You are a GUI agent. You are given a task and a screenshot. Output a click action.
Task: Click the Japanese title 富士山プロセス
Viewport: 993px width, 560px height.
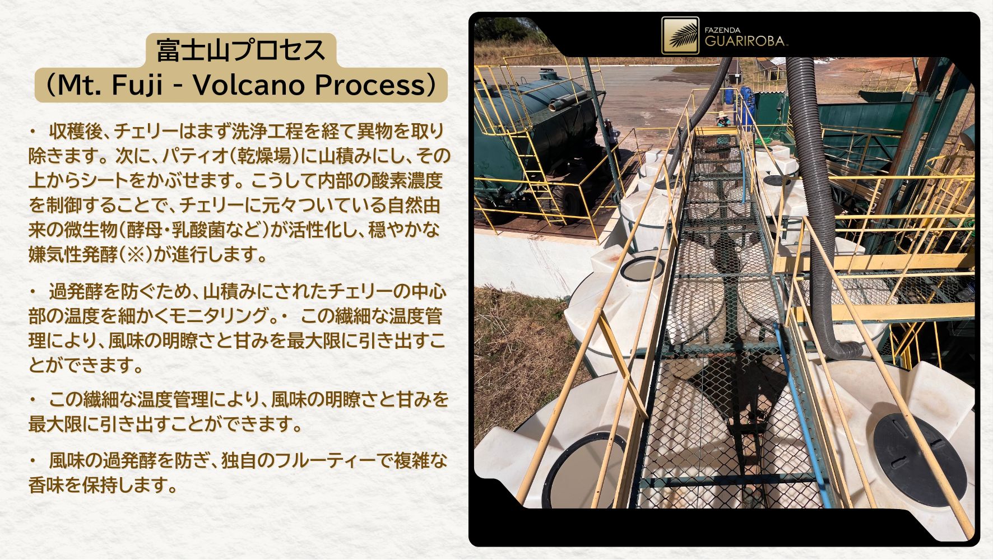pyautogui.click(x=240, y=50)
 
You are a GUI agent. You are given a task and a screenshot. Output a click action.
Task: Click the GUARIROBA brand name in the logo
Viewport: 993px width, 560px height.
pyautogui.click(x=745, y=41)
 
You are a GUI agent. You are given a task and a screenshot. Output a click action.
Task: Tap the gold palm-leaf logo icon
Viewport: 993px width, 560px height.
pyautogui.click(x=680, y=35)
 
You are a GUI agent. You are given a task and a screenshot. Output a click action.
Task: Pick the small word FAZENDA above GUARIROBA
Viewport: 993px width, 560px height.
pyautogui.click(x=722, y=30)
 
